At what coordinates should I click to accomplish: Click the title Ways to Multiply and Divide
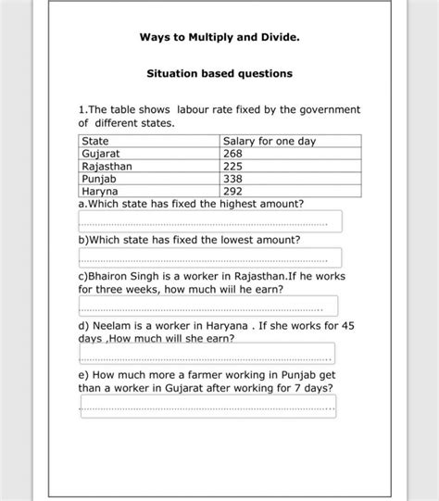coord(219,39)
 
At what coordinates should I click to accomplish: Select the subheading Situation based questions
coord(219,73)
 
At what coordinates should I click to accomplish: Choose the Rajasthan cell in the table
coord(107,167)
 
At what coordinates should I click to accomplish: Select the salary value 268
coord(232,154)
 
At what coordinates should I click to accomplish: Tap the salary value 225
coord(232,167)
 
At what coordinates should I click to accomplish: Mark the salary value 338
coord(232,179)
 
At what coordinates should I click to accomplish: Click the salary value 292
coord(232,192)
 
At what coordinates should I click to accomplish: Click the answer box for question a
coord(210,221)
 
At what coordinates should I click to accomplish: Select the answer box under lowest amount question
coord(210,257)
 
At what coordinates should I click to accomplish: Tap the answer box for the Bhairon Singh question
coord(208,307)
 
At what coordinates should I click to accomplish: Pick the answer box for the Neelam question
coord(207,355)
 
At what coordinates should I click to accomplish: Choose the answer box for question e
coord(208,406)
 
